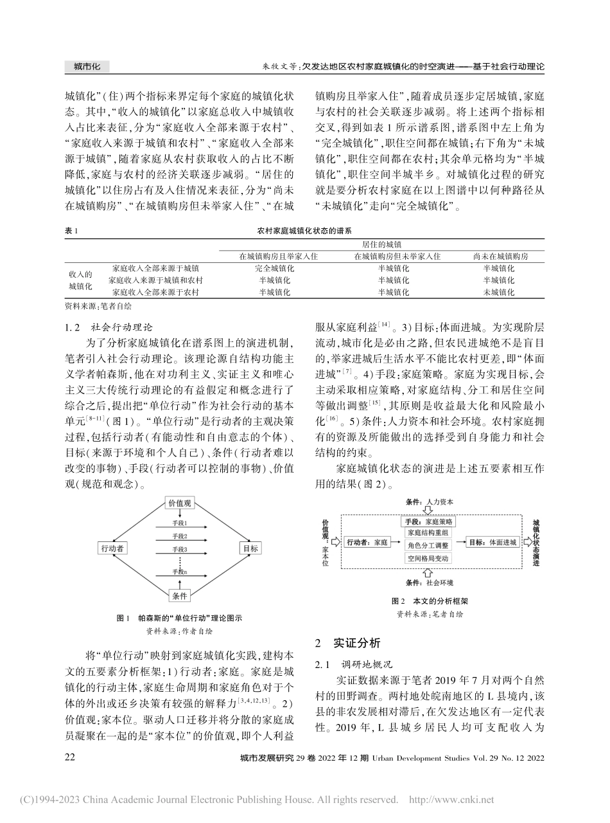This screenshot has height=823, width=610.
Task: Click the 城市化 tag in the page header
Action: [x=87, y=66]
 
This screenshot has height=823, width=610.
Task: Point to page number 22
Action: [x=71, y=758]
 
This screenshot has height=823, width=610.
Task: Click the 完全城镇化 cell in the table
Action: [x=274, y=267]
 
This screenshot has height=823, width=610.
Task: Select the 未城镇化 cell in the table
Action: [x=498, y=292]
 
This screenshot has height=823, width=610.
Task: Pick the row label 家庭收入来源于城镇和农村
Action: [x=156, y=280]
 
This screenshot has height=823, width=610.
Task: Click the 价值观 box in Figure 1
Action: [x=180, y=503]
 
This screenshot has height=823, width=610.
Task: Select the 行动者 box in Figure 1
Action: [x=112, y=548]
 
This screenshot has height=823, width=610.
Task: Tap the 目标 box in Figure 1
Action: [x=249, y=548]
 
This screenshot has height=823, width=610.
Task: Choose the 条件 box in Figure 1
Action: [x=180, y=596]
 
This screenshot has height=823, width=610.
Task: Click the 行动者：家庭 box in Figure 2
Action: [x=367, y=543]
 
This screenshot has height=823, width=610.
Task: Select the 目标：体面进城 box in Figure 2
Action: [x=492, y=543]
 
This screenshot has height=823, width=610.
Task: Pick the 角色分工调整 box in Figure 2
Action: [x=428, y=545]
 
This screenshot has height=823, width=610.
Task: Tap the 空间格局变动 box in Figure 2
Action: [x=428, y=558]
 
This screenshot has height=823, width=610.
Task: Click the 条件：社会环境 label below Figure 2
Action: [x=430, y=583]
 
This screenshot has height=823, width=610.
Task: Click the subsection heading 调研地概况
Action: [x=362, y=663]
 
